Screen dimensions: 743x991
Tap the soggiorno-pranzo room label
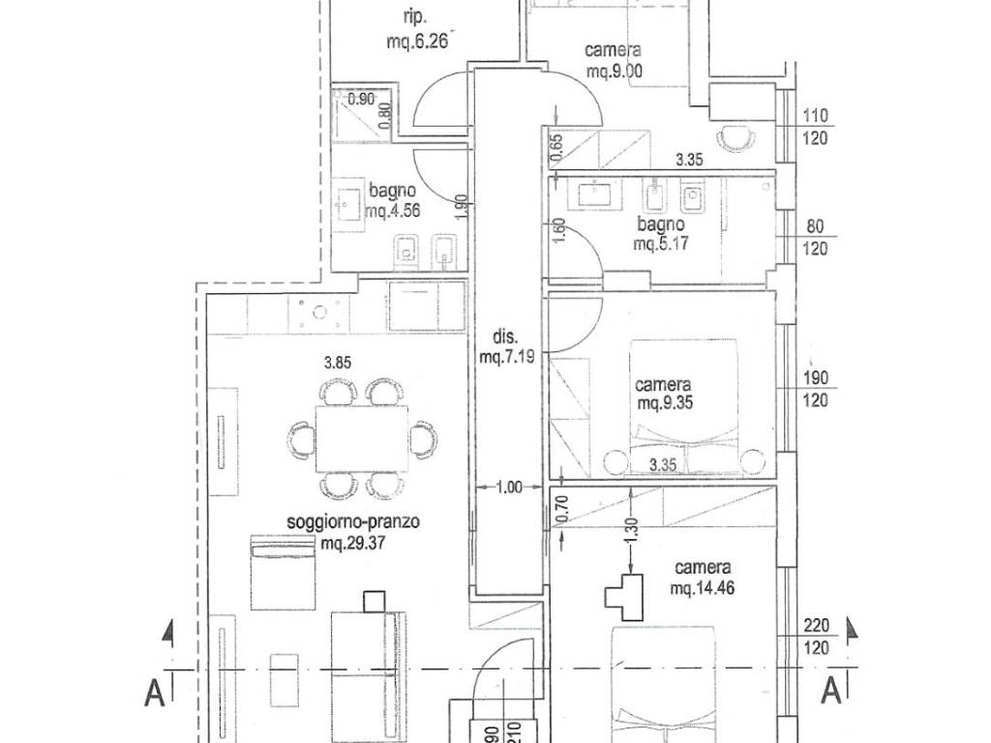[353, 523]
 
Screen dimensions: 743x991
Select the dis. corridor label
[506, 339]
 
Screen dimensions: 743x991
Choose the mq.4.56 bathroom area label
[393, 213]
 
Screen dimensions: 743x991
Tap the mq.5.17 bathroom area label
[661, 243]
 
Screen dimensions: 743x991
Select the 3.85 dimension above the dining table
[340, 365]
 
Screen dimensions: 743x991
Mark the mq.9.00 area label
[616, 71]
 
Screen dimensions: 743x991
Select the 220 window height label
[815, 624]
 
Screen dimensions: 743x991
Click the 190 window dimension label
[815, 378]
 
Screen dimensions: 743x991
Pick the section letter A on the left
[154, 693]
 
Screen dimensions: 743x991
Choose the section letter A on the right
[829, 693]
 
